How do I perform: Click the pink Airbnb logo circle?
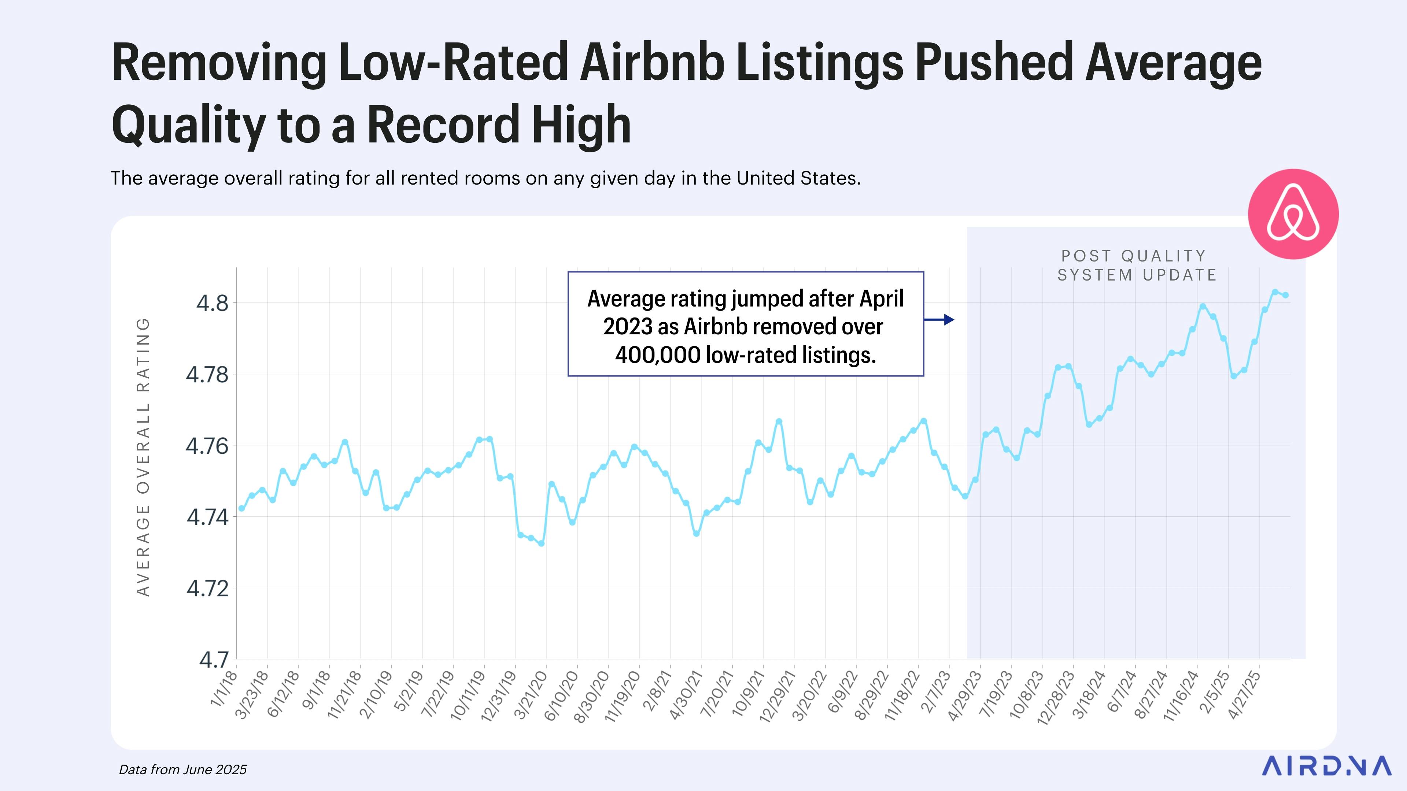[x=1293, y=214]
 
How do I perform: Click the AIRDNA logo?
[x=1326, y=765]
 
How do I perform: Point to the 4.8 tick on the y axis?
[x=213, y=304]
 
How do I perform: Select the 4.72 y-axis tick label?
[x=207, y=589]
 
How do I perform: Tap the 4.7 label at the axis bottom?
[x=214, y=660]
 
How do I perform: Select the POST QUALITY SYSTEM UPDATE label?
[x=1137, y=265]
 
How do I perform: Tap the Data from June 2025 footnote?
[x=183, y=770]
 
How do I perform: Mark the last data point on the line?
[x=1285, y=295]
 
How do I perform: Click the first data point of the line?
[x=241, y=509]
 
